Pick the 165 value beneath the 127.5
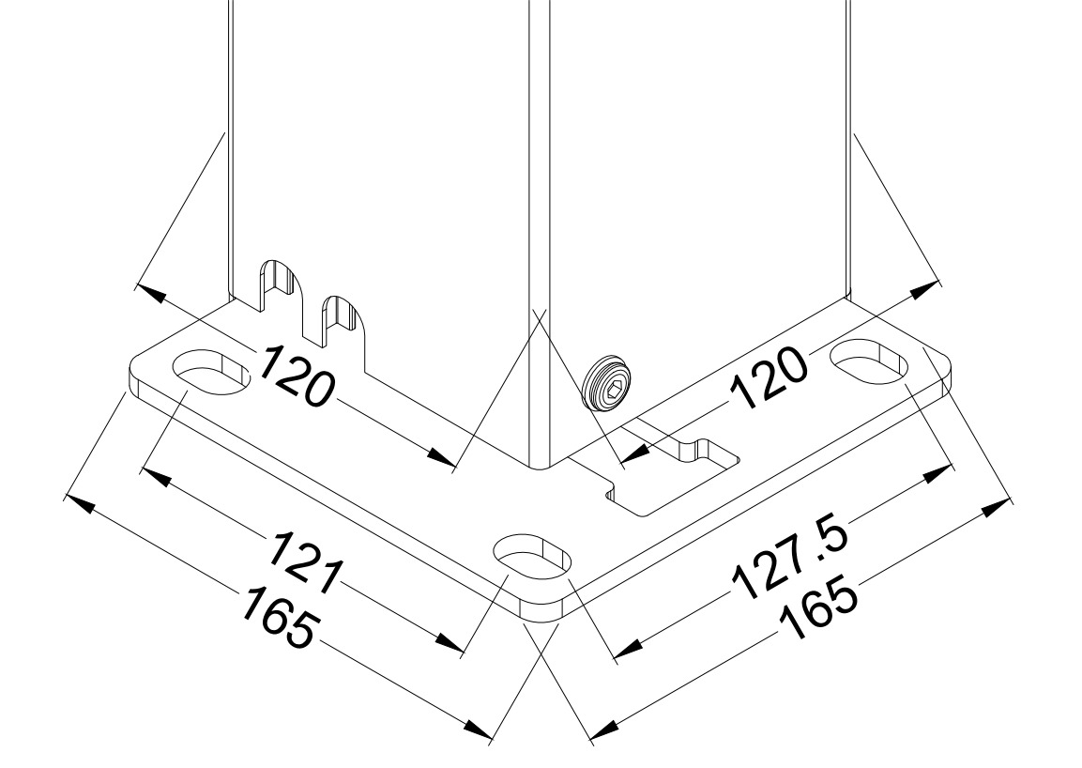(818, 612)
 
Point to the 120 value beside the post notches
(296, 376)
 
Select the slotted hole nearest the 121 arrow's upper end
(212, 373)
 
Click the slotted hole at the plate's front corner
(534, 557)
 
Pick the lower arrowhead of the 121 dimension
(450, 643)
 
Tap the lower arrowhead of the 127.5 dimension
(629, 649)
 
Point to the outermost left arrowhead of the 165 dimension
(78, 503)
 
